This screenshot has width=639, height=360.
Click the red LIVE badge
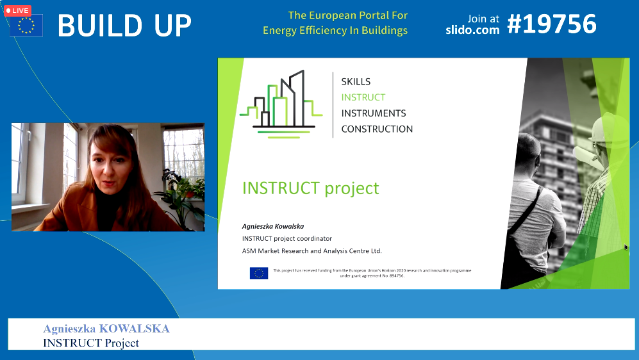(x=17, y=11)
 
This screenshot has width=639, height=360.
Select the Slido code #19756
(x=552, y=24)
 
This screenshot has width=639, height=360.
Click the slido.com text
(x=472, y=29)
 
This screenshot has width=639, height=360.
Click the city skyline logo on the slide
(x=281, y=104)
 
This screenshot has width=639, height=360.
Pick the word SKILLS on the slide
(x=356, y=81)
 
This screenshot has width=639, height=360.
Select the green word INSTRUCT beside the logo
(x=363, y=97)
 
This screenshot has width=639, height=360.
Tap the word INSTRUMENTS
(x=374, y=113)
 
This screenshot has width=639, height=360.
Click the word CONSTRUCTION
(x=377, y=129)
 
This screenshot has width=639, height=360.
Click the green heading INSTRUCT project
(x=311, y=188)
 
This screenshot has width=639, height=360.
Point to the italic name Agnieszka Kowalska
(x=273, y=226)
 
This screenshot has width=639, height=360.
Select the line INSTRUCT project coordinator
(x=287, y=238)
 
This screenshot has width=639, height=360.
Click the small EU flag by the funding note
(x=259, y=273)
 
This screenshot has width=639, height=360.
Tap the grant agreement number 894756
(x=395, y=275)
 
